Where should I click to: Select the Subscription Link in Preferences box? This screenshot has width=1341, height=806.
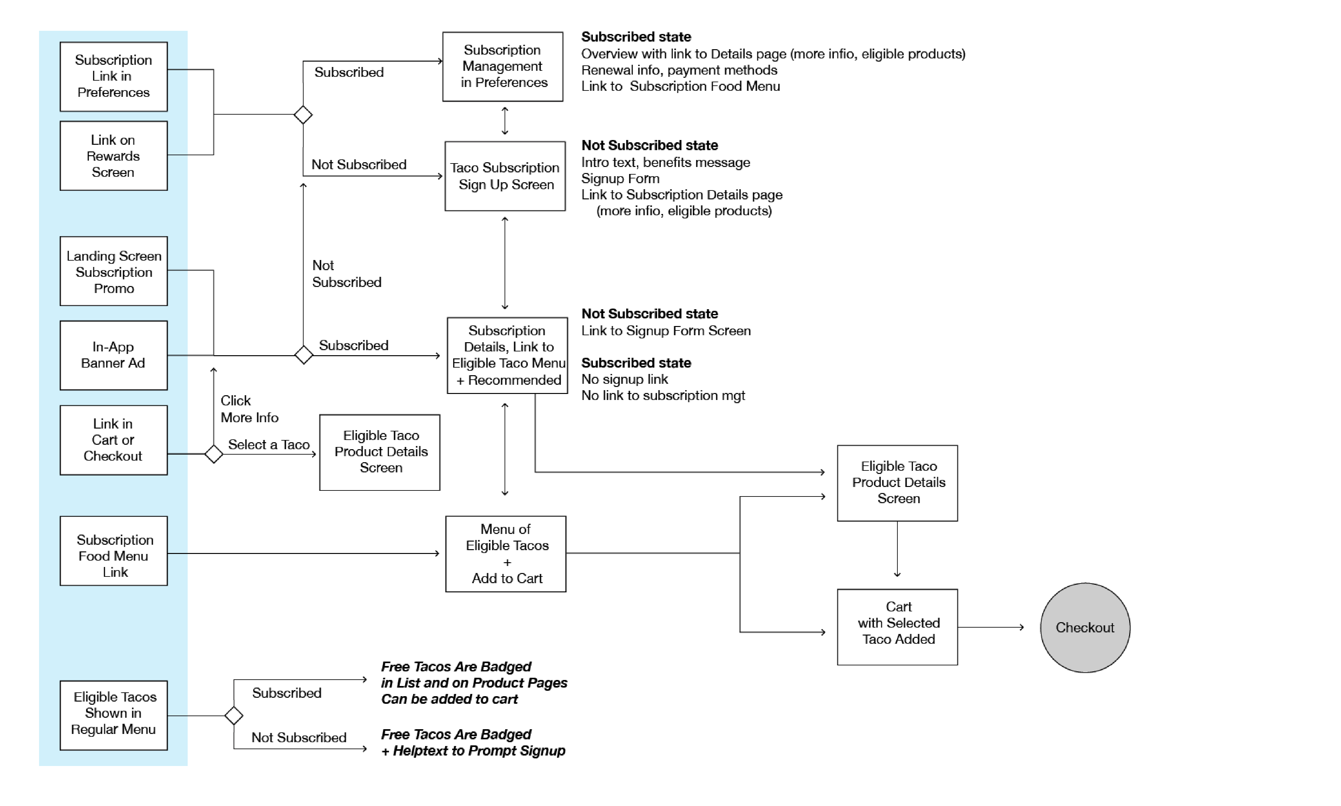click(x=113, y=77)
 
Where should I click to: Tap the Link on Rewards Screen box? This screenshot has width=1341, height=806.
click(x=113, y=156)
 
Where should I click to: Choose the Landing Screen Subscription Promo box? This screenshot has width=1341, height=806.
click(x=113, y=271)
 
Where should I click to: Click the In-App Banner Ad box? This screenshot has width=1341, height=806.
click(x=113, y=355)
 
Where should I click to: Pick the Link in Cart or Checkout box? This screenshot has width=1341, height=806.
click(x=113, y=440)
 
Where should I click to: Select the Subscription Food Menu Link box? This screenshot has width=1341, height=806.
click(x=113, y=551)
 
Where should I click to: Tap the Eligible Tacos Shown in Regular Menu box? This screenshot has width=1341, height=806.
click(x=113, y=715)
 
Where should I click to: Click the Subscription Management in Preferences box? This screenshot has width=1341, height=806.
click(x=502, y=66)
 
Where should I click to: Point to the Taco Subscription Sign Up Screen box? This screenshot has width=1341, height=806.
click(x=505, y=176)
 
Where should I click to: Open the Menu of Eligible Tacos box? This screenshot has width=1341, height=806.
click(x=506, y=553)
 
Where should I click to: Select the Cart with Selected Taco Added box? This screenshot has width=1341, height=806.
click(x=897, y=627)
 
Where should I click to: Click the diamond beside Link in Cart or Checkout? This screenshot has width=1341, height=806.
click(x=213, y=454)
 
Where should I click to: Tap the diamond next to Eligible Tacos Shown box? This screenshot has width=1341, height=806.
click(x=233, y=715)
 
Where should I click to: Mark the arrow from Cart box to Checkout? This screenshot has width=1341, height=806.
click(x=991, y=627)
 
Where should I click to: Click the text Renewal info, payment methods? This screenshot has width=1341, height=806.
click(x=679, y=70)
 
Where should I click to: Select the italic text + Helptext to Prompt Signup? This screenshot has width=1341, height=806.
click(x=473, y=750)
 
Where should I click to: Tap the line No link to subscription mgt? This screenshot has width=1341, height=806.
click(x=663, y=396)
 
